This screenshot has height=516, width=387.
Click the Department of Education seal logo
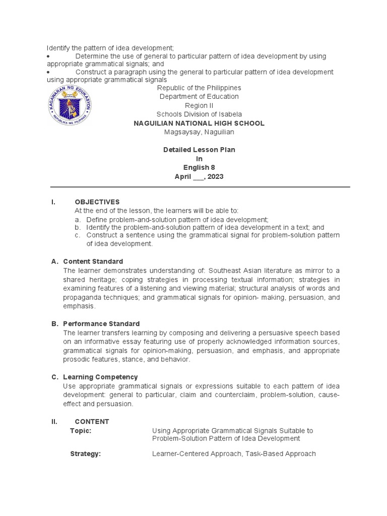coord(71,105)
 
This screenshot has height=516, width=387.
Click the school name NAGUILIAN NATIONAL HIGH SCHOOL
coord(199,123)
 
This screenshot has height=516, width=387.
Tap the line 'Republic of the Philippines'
coord(199,88)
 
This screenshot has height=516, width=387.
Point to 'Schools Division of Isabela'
coord(199,114)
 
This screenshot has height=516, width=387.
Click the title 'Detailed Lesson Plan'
coord(199,150)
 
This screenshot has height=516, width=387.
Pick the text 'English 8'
coord(199,168)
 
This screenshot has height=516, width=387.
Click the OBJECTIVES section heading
coord(97,202)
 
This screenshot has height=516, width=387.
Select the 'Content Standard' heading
coord(93,262)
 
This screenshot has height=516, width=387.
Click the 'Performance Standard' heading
coord(101,324)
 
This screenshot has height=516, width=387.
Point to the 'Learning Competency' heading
coord(100,377)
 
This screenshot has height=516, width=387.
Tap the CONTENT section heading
coord(92,422)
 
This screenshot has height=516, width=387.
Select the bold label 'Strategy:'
coord(85,454)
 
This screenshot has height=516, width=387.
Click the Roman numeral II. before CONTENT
coord(54,422)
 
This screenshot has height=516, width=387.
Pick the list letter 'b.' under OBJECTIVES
coord(78,228)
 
